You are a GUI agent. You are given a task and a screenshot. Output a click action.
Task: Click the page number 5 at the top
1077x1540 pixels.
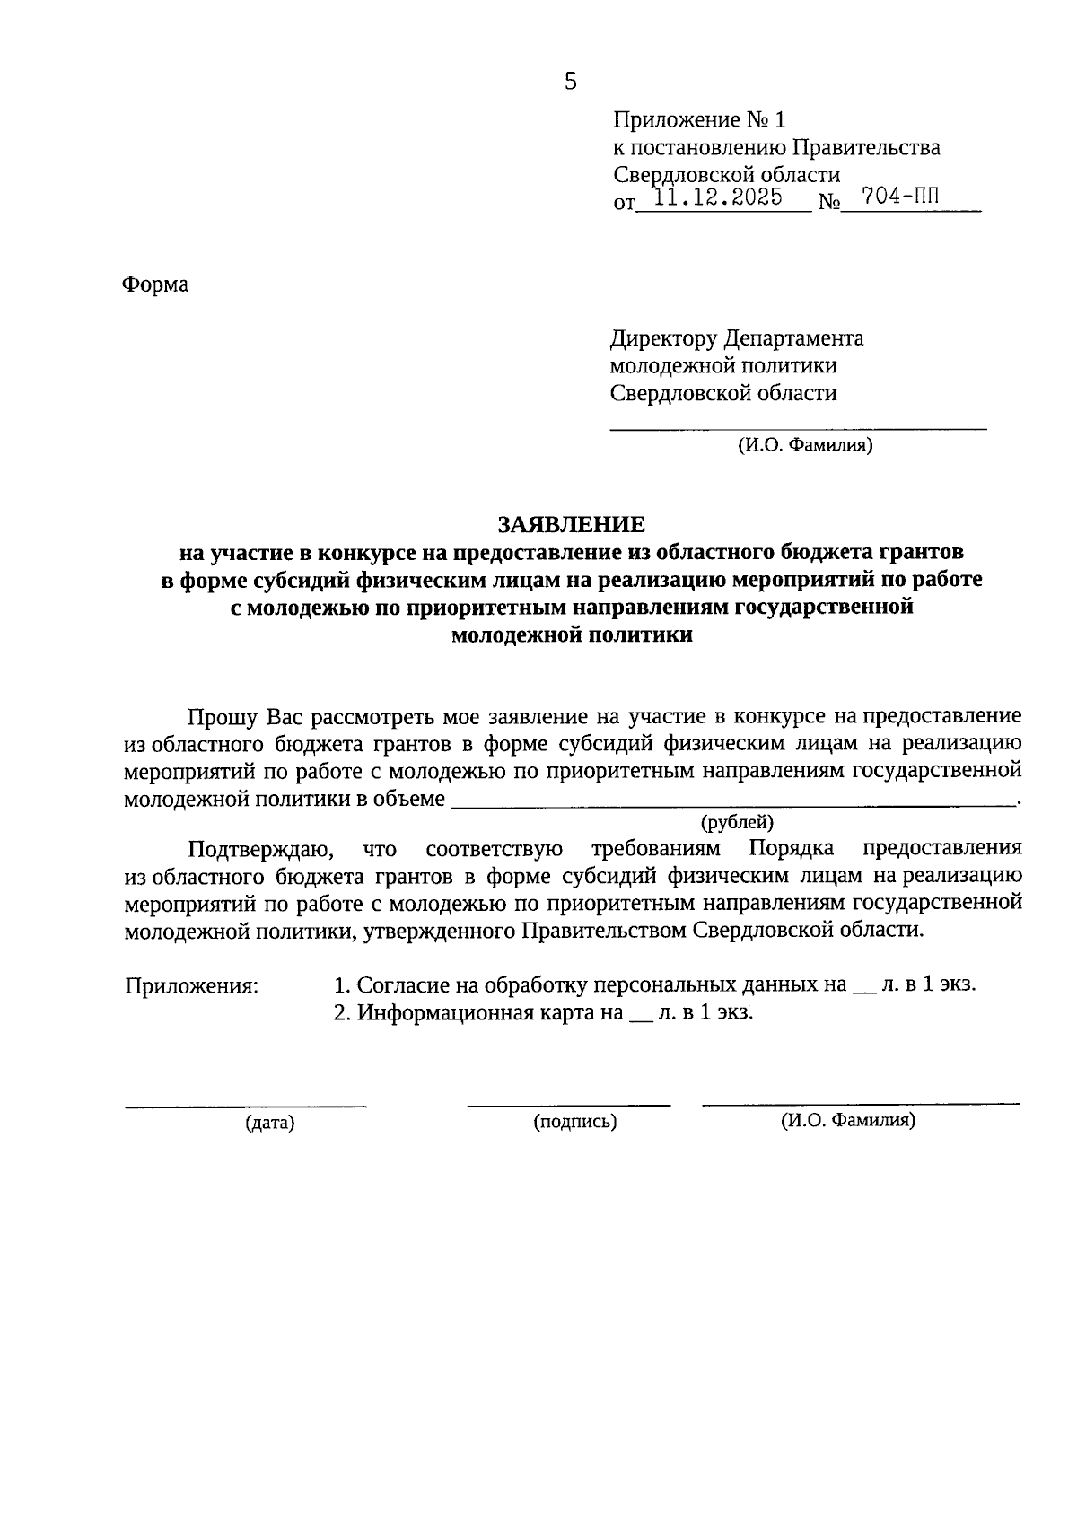coord(571,83)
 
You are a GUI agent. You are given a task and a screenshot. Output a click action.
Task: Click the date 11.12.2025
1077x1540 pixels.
coord(719,197)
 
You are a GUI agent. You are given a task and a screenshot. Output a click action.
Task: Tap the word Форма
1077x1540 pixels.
coord(155,285)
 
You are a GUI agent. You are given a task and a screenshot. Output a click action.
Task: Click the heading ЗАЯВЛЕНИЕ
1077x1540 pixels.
coord(571,523)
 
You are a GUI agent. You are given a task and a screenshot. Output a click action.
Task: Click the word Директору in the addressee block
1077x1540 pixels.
coord(663,338)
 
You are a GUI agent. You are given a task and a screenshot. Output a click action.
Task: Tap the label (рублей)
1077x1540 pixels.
coord(736,821)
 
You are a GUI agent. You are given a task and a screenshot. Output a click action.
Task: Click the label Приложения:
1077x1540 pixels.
coord(191,986)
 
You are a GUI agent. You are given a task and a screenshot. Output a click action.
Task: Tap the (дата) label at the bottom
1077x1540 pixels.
coord(269,1122)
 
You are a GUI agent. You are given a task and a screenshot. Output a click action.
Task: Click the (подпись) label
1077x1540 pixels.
coord(574,1122)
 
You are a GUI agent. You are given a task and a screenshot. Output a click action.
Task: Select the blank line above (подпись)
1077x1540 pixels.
coord(568,1104)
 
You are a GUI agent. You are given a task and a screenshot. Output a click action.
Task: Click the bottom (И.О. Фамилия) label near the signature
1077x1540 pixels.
coord(847,1120)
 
